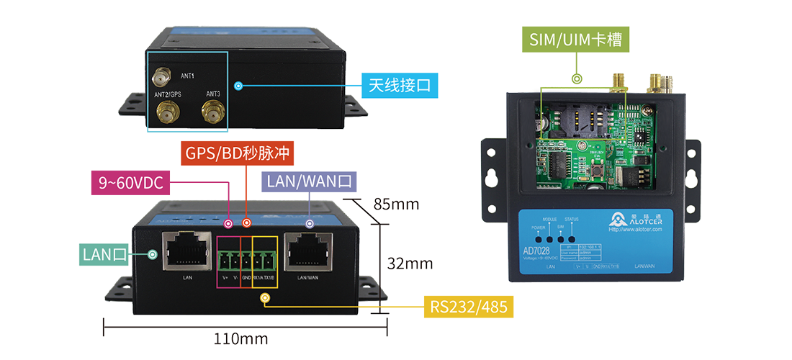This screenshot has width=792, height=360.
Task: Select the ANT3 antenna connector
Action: click(212, 112)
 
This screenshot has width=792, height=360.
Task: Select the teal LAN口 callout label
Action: click(104, 253)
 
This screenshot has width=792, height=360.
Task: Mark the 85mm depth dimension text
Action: click(395, 204)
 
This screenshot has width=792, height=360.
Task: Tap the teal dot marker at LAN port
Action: click(153, 254)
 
